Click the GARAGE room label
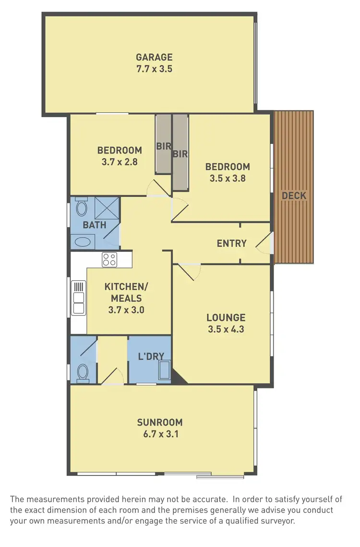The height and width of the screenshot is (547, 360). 154,58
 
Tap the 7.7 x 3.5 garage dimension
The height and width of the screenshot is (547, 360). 154,69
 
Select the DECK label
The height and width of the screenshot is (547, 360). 294,196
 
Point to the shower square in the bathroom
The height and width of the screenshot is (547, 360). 107,208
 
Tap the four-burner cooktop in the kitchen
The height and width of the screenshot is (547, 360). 109,260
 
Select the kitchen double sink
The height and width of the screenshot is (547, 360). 78,298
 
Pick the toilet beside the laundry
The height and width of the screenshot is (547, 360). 83,372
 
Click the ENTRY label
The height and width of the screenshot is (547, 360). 231,243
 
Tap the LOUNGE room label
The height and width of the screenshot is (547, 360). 226,318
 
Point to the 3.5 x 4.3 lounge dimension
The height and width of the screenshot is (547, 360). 226,329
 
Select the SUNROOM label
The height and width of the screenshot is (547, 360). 160,423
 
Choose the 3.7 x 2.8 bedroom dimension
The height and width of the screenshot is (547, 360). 120,162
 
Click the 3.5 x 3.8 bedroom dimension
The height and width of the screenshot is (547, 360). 228,178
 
